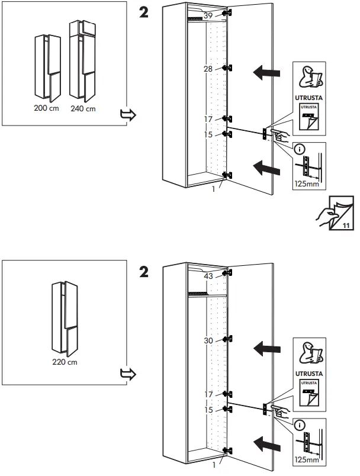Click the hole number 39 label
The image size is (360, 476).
207,15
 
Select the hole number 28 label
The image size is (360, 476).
207,69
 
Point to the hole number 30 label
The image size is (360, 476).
207,340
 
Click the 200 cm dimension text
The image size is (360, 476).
47,109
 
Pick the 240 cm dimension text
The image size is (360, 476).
82,109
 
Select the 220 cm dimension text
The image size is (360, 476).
65,362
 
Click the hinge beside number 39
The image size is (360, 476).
226,14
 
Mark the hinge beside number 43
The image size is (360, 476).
226,273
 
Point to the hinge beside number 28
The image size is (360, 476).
226,69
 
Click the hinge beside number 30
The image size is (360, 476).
226,340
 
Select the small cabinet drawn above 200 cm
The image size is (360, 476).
46,67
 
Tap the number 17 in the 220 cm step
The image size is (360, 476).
208,394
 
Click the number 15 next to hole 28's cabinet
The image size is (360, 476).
208,135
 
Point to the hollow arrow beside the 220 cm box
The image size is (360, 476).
128,374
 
